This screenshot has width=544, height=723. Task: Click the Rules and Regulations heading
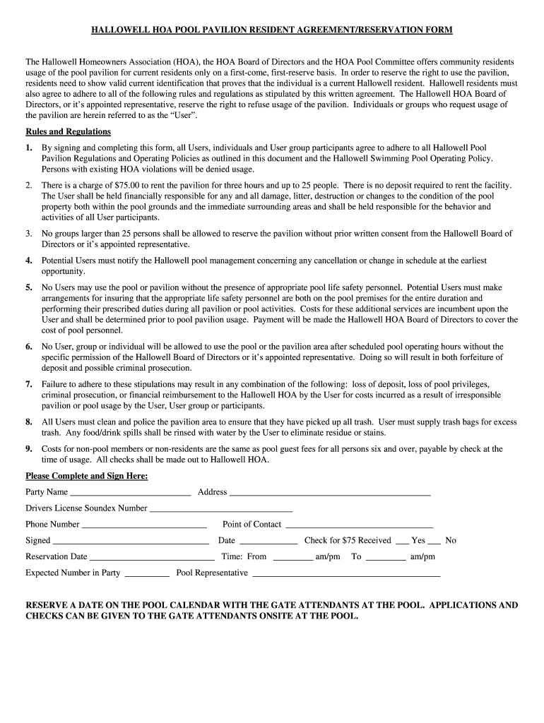click(x=68, y=131)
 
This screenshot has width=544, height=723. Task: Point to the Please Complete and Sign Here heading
click(x=87, y=476)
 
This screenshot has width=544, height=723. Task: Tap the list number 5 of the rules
click(x=29, y=287)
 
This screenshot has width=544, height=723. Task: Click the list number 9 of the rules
click(x=29, y=448)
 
